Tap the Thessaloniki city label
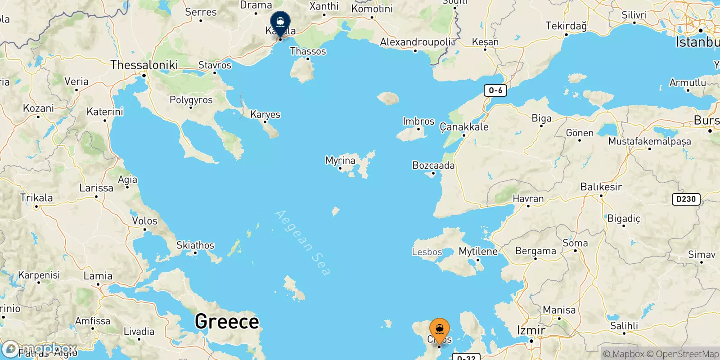144,65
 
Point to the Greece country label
227,321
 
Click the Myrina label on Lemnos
340,160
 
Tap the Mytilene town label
478,252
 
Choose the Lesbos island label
427,252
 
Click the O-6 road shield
495,90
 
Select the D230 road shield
686,199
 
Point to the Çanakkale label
464,127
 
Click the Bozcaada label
433,166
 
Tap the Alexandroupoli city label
415,42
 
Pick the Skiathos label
195,245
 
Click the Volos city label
144,221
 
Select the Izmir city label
531,330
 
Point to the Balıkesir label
601,187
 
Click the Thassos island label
308,51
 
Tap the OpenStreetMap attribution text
687,354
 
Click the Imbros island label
418,121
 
